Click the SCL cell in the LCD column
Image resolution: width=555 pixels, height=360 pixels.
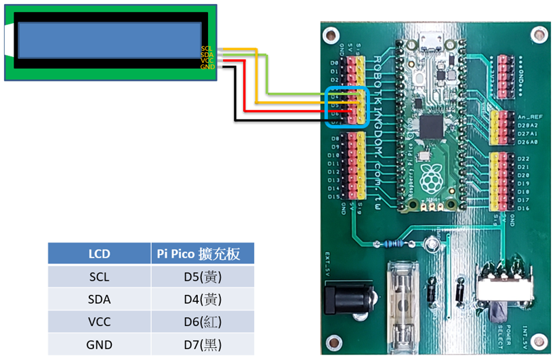coord(99,277)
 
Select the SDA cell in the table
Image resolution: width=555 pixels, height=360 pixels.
coord(99,299)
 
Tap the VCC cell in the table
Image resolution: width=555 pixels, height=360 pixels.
coord(99,322)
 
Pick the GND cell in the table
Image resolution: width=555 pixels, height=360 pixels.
coord(99,344)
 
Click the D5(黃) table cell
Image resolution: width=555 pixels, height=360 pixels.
coord(203,277)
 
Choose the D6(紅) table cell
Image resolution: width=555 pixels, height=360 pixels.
coord(203,322)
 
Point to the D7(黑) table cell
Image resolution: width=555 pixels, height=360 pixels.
coord(203,344)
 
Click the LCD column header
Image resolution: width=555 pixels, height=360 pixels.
coord(99,254)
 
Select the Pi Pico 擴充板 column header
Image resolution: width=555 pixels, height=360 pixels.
coord(203,254)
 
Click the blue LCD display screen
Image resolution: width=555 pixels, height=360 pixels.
coord(110,40)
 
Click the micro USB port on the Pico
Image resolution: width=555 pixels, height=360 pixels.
coord(428,43)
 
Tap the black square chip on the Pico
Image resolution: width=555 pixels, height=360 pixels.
coord(431,127)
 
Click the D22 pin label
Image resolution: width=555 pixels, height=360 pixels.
coord(522,158)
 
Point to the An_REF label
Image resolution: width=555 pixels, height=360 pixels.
coord(526,117)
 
